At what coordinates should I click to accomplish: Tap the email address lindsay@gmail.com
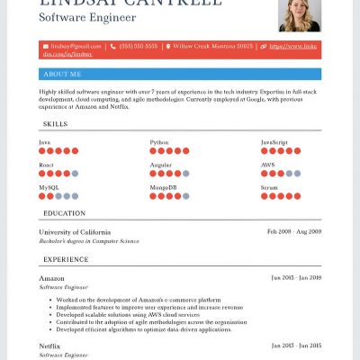click(x=71, y=46)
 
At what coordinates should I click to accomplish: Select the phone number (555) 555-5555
click(x=139, y=46)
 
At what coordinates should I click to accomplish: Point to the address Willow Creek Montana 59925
click(x=213, y=46)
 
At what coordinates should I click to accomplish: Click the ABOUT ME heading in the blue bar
click(x=62, y=74)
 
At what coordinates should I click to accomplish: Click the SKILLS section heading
click(x=55, y=123)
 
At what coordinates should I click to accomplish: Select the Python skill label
click(x=158, y=142)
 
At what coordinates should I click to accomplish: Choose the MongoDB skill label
click(x=163, y=187)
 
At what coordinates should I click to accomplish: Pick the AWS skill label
click(x=268, y=165)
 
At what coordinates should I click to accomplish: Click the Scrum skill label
click(x=270, y=187)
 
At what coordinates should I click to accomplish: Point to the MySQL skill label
click(x=49, y=187)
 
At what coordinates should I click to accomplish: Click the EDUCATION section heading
click(x=64, y=213)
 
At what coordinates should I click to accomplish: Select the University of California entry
click(x=75, y=232)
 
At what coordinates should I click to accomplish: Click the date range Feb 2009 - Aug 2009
click(x=294, y=231)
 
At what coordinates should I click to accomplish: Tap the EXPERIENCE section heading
click(x=66, y=259)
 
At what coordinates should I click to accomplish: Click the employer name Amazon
click(x=51, y=278)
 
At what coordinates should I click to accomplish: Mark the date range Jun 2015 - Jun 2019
click(x=296, y=277)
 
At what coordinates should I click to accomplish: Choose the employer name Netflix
click(x=49, y=346)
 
